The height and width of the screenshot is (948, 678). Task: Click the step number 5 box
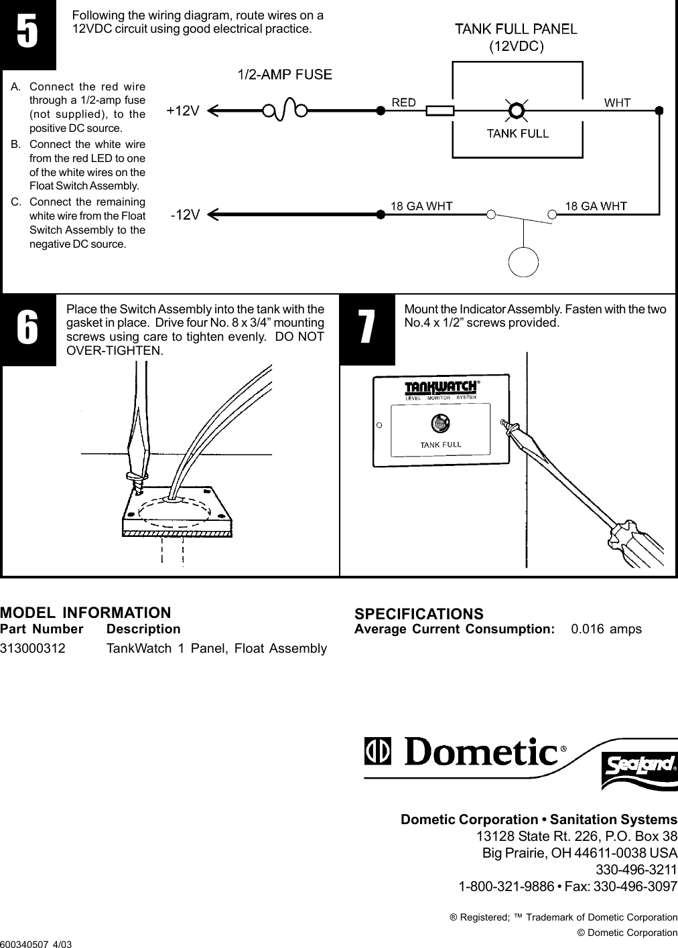pyautogui.click(x=27, y=35)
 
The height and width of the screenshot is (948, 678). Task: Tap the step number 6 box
pyautogui.click(x=27, y=329)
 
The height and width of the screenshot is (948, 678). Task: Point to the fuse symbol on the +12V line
pyautogui.click(x=285, y=108)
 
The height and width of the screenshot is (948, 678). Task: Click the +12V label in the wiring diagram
pyautogui.click(x=183, y=112)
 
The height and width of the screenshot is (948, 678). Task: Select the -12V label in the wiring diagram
pyautogui.click(x=184, y=216)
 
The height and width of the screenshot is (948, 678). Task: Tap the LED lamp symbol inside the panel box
pyautogui.click(x=516, y=110)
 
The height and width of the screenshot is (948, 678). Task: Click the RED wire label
pyautogui.click(x=403, y=102)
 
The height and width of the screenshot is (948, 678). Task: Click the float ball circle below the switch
pyautogui.click(x=523, y=262)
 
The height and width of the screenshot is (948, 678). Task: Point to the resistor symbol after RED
pyautogui.click(x=440, y=110)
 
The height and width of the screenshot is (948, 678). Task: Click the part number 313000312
pyautogui.click(x=33, y=648)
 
